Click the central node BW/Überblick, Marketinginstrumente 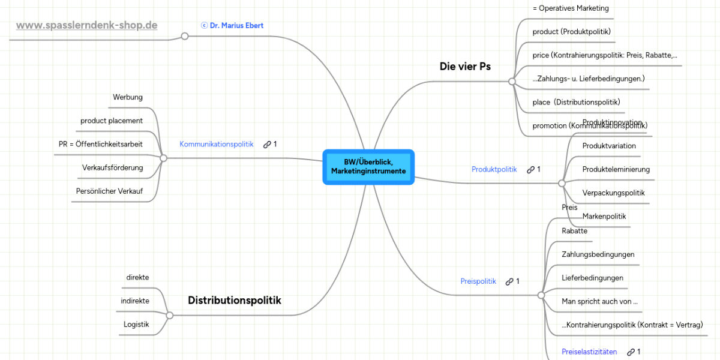pos(368,167)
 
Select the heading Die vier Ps pos(465,67)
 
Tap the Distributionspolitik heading pos(234,300)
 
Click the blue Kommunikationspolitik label pos(216,144)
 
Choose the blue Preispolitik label pos(478,281)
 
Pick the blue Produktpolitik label pos(494,169)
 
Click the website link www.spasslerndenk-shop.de pos(86,25)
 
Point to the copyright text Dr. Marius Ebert pos(232,26)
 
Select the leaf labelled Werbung pos(128,97)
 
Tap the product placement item pos(112,121)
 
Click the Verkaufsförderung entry pos(112,167)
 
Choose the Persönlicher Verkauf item pos(109,191)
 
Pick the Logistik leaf pos(136,324)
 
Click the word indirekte pos(135,301)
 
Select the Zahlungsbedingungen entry pos(598,254)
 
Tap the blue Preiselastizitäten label pos(589,352)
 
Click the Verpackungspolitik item pos(613,193)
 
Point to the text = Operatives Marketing pos(571,8)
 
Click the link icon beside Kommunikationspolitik pos(268,145)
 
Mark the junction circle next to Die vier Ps pos(512,81)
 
